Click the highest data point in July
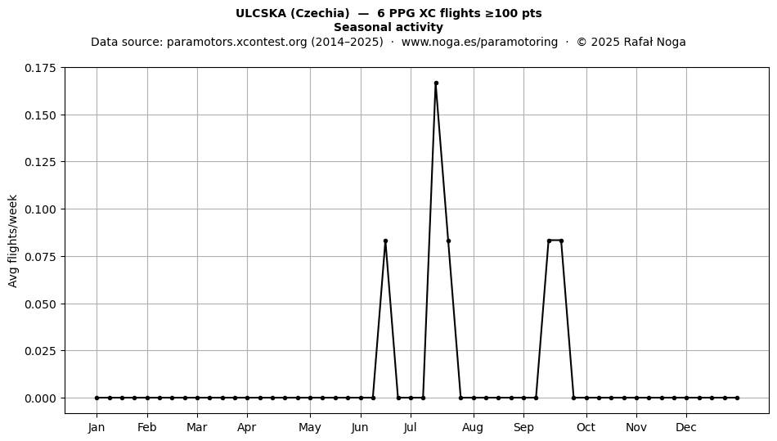436,83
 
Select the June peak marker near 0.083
385,241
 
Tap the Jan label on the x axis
97,427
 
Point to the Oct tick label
586,427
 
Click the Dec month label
686,427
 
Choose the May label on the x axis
310,428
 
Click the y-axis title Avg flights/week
13,241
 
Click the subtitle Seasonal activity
388,27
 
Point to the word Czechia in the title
320,13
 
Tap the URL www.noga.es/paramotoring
479,42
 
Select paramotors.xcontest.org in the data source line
237,42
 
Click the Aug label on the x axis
473,428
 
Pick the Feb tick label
146,427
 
